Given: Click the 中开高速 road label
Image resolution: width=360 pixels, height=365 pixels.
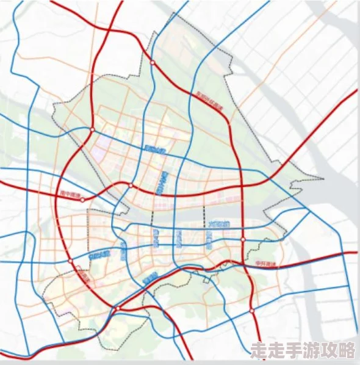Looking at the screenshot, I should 266,264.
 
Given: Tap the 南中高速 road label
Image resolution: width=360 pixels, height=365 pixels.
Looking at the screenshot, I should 70,193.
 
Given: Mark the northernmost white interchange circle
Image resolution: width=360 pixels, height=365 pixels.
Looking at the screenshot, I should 153,62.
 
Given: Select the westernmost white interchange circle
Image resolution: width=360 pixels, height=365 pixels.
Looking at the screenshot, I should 71,261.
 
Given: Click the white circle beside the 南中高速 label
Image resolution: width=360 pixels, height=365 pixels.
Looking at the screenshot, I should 83,199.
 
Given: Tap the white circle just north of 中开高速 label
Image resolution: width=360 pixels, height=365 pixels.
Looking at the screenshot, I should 243,240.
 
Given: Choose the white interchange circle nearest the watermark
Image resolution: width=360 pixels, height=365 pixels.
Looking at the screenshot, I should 252,311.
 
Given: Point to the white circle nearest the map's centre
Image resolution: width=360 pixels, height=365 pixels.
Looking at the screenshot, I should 131,185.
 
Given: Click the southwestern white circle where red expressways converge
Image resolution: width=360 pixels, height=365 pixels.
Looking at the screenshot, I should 115,309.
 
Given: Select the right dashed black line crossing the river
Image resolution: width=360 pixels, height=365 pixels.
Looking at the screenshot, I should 203,217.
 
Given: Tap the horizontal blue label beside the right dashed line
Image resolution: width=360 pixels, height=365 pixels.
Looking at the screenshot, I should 218,225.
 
